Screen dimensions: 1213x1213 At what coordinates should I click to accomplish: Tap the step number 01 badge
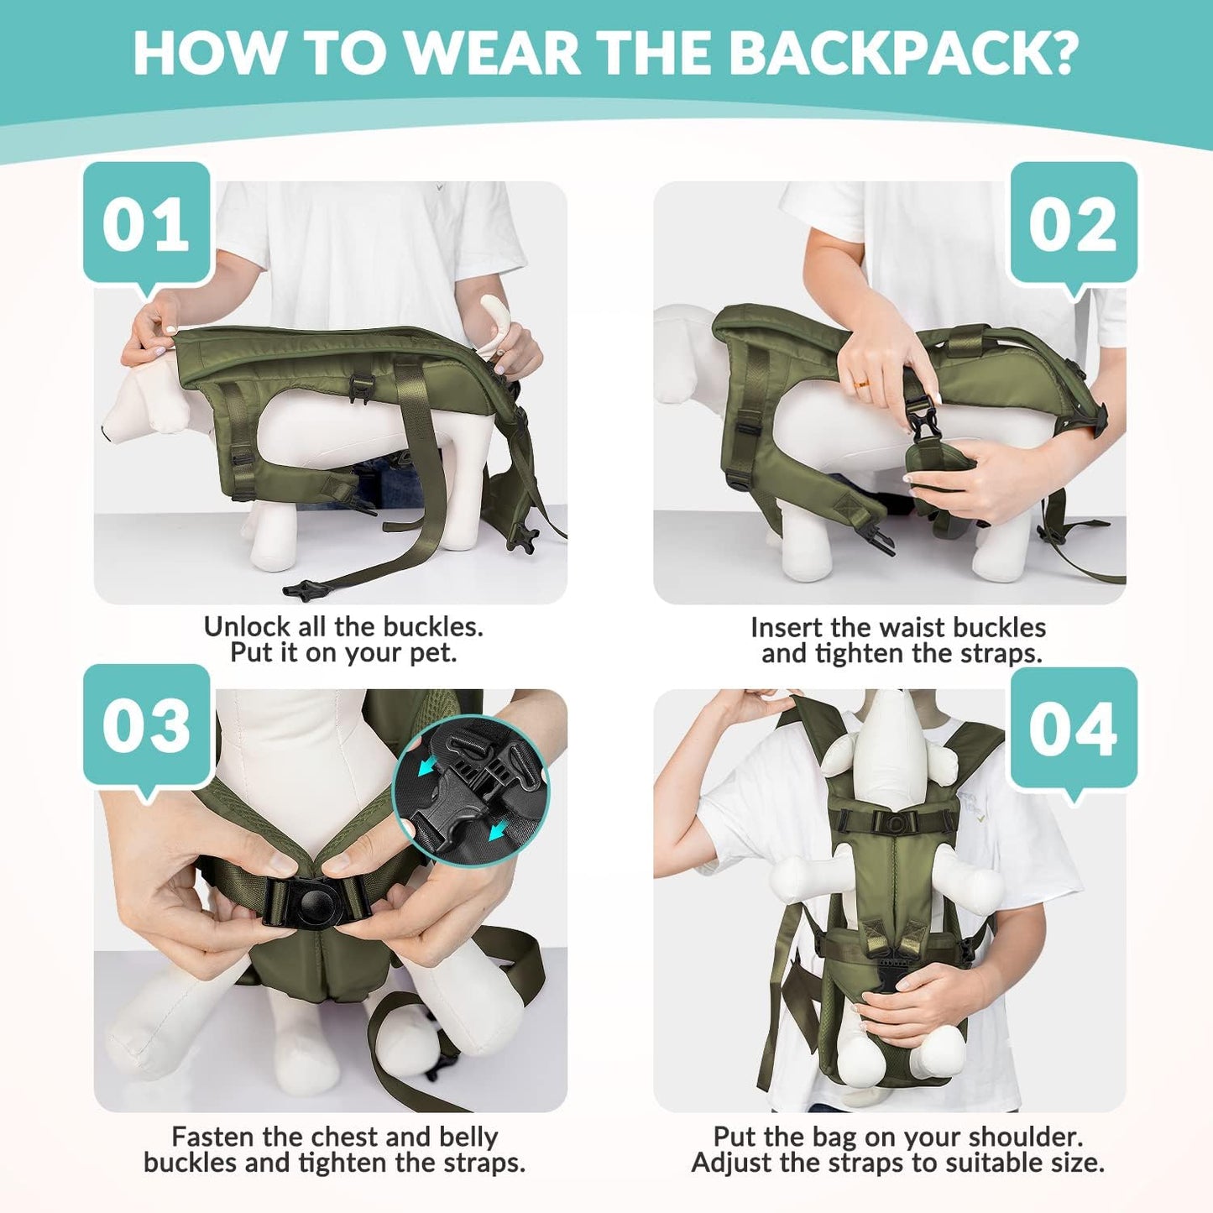point(146,223)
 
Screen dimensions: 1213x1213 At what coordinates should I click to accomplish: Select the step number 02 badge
point(1073,225)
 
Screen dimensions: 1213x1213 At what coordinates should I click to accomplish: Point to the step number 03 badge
point(146,724)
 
